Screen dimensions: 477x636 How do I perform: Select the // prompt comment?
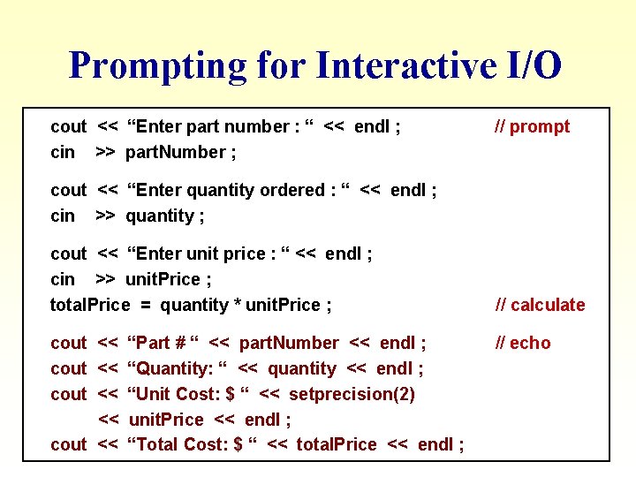point(531,126)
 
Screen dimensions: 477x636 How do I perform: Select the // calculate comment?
point(540,305)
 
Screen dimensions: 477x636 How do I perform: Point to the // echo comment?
point(522,343)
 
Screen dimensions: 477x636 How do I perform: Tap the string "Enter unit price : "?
point(208,254)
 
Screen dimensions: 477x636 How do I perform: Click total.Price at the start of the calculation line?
point(90,305)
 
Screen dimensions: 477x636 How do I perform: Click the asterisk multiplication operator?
point(237,306)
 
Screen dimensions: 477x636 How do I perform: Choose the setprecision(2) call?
point(352,394)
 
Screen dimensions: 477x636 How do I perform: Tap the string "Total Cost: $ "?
point(193,444)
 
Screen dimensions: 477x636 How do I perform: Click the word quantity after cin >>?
point(159,216)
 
